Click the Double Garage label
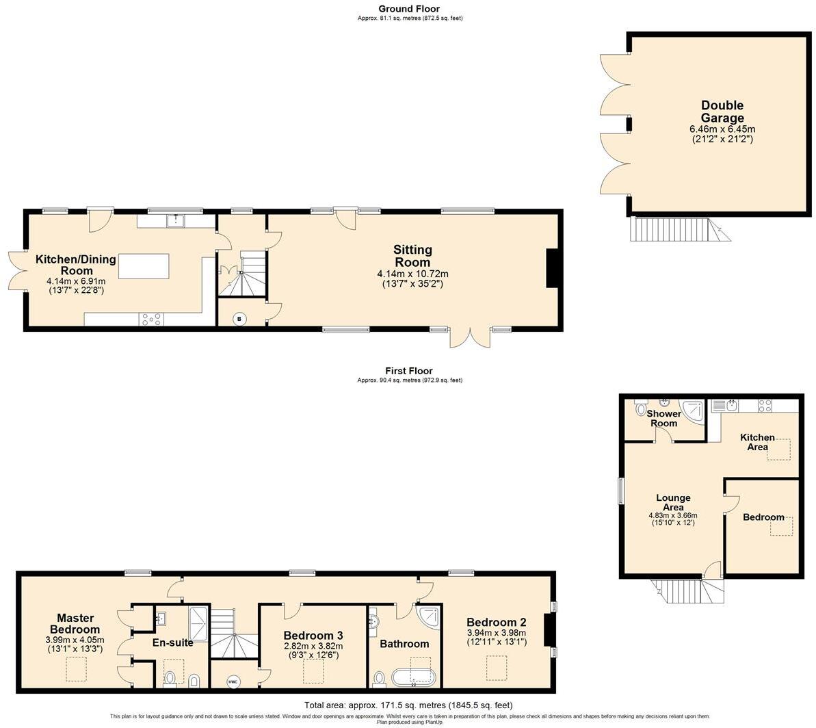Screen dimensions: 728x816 tap(722, 112)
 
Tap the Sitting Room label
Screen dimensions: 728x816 tap(412, 256)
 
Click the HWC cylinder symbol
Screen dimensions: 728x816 tap(233, 681)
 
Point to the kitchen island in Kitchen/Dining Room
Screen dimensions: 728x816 tap(144, 266)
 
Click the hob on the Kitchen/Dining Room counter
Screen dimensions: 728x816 tap(150, 318)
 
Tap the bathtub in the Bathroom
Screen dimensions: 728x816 tap(413, 677)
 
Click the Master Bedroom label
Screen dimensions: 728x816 tap(74, 623)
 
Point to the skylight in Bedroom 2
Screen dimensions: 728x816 tap(497, 667)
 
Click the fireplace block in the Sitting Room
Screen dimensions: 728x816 tap(552, 268)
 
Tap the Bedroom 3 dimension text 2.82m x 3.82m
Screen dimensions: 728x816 tap(313, 646)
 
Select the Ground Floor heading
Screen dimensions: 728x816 tap(410, 9)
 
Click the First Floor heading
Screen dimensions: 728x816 tap(410, 371)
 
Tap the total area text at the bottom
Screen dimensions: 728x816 tap(408, 705)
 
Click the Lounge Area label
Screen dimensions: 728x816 tap(673, 502)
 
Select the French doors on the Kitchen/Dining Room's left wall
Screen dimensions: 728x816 tap(18, 271)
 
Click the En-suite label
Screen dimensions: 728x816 tap(172, 642)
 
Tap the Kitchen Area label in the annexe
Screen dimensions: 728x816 tap(758, 441)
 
